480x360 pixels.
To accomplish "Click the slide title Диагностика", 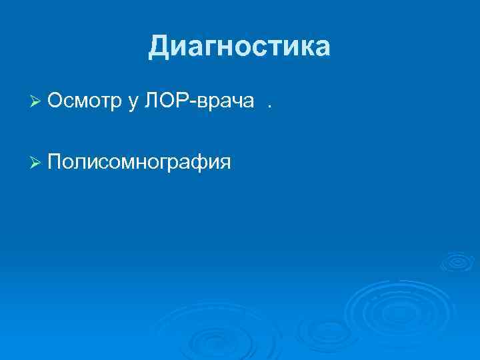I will point(239,47).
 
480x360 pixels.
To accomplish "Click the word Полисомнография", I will point(139,162).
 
